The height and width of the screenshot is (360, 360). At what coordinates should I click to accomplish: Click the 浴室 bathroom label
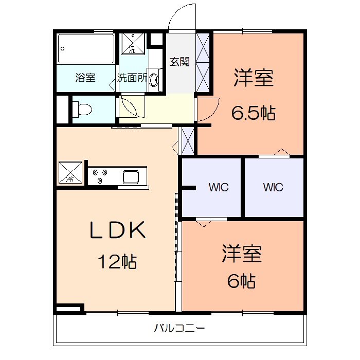point(85,78)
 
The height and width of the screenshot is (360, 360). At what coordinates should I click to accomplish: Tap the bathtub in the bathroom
point(86,48)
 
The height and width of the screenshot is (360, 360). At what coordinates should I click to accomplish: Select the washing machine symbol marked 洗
point(132,44)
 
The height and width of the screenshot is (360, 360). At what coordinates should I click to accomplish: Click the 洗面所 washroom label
point(132,78)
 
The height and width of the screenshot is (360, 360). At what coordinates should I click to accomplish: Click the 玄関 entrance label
point(179,62)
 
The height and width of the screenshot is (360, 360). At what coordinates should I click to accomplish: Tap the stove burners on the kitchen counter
point(100,176)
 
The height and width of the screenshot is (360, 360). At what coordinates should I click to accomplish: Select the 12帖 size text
point(118,262)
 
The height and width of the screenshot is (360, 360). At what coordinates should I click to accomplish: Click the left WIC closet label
point(218,187)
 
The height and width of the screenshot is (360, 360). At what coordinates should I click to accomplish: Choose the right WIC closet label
point(273,187)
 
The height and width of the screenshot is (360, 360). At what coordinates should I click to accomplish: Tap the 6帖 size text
point(241,281)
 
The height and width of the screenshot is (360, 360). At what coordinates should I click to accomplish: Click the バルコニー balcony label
point(179,328)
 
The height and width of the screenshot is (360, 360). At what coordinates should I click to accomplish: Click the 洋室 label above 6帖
point(242,254)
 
